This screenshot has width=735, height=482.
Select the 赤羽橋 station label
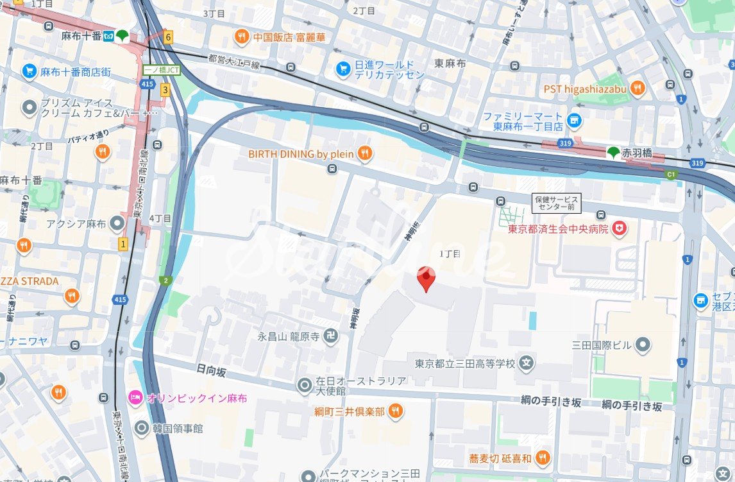[640, 152]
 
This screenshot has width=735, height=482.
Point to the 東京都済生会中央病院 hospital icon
[619, 228]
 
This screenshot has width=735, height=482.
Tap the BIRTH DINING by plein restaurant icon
[364, 153]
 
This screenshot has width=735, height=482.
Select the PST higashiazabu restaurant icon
[637, 89]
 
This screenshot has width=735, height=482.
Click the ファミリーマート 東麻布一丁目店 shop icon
[573, 119]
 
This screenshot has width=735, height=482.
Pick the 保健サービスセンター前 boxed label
[557, 203]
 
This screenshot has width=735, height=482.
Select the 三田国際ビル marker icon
[643, 345]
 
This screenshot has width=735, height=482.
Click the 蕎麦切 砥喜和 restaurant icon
[542, 458]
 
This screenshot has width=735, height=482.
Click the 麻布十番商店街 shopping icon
[29, 71]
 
